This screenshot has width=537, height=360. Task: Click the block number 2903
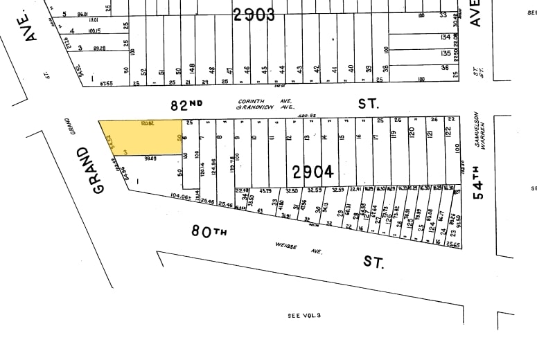pyautogui.click(x=254, y=14)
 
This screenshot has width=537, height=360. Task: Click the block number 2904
pyautogui.click(x=312, y=171)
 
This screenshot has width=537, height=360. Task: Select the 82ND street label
pyautogui.click(x=187, y=105)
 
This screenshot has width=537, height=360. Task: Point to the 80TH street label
pyautogui.click(x=209, y=231)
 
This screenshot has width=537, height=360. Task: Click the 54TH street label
pyautogui.click(x=478, y=179)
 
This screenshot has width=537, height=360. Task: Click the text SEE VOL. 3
pyautogui.click(x=304, y=315)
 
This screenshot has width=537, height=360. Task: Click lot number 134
pyautogui.click(x=446, y=37)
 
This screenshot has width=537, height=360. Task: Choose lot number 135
pyautogui.click(x=446, y=53)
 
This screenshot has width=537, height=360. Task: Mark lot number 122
pyautogui.click(x=448, y=131)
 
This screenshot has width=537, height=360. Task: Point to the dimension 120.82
pyautogui.click(x=146, y=123)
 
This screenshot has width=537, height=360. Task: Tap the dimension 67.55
pyautogui.click(x=106, y=84)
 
